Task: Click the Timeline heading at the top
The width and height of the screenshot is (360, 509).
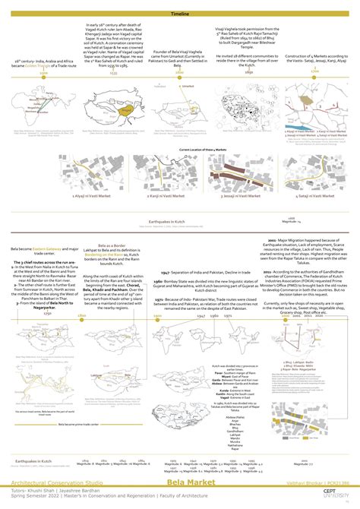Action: (180, 14)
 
